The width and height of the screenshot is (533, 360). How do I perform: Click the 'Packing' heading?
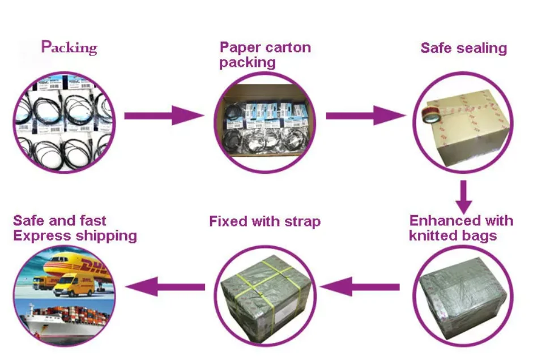[x=69, y=48]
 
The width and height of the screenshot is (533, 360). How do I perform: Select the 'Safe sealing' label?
[x=463, y=48]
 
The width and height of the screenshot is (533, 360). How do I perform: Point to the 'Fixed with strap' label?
[x=265, y=221]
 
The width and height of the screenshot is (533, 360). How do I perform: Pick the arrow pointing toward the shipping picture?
[x=165, y=286]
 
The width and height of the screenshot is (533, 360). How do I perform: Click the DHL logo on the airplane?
[x=93, y=265]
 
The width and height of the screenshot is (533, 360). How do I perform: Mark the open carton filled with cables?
[x=265, y=120]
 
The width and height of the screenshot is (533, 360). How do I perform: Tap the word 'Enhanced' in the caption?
[x=438, y=220]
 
